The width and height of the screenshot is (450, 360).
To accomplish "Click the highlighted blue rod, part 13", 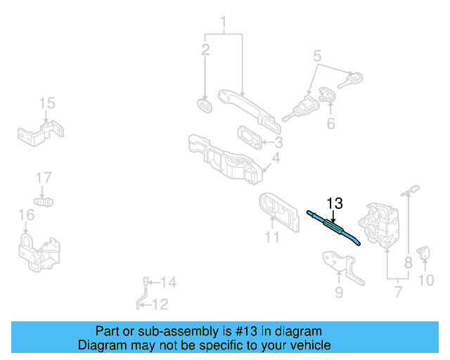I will [334, 227].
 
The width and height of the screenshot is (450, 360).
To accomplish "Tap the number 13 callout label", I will [335, 204].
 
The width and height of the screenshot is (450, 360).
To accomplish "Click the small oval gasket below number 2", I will [205, 106].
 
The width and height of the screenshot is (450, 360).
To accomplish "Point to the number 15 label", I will [46, 104].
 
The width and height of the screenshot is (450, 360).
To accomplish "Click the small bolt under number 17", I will [46, 202].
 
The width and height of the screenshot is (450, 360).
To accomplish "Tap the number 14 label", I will [169, 283].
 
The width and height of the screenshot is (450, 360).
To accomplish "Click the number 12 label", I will [160, 304].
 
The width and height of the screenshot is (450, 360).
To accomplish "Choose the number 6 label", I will [330, 124].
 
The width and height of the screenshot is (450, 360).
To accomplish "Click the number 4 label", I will [276, 158].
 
